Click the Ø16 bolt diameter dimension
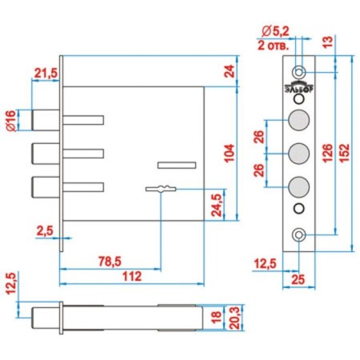(10, 121)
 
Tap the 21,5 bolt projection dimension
(46, 73)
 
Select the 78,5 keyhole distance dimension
(110, 262)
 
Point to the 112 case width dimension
(132, 277)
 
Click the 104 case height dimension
(229, 153)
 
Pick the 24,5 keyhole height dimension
(217, 205)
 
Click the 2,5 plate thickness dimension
(45, 231)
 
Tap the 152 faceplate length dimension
(345, 153)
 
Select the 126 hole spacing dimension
(327, 153)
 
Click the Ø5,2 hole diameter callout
(275, 32)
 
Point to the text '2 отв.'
(274, 46)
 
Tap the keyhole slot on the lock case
(161, 189)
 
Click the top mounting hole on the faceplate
(299, 72)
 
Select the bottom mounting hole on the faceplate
(299, 235)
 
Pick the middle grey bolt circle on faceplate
(299, 154)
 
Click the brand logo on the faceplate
(299, 87)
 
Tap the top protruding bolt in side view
(46, 120)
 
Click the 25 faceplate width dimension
(298, 280)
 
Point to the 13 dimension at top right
(329, 42)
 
